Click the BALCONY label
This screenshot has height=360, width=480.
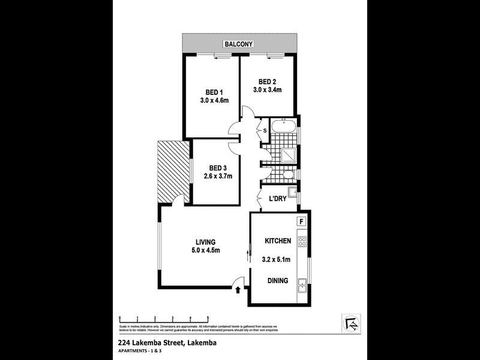(x=239, y=44)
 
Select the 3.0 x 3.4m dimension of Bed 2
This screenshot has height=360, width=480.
(x=267, y=90)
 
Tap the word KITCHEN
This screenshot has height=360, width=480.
(x=278, y=241)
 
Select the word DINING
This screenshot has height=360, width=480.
(x=277, y=280)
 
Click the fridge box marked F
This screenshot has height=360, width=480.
(x=302, y=221)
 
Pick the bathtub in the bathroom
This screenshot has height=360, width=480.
(x=282, y=128)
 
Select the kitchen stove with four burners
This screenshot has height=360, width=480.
(x=302, y=243)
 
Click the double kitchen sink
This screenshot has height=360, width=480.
(x=302, y=286)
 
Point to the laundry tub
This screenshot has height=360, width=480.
(x=291, y=193)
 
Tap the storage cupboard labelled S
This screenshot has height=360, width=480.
(x=264, y=130)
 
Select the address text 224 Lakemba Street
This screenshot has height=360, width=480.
(x=145, y=343)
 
